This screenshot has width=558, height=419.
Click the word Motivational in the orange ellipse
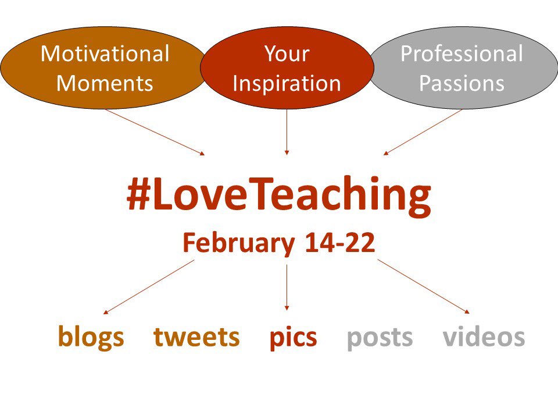coord(105,54)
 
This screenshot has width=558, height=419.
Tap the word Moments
coord(105,83)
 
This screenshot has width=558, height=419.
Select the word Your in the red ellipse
coord(287,54)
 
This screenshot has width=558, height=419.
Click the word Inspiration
coord(287,83)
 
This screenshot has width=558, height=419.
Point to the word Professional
coord(462,54)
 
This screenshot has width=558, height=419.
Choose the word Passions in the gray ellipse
coord(462,83)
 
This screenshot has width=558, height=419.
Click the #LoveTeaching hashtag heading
coord(279,197)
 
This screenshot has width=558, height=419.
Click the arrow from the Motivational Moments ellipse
coord(155,132)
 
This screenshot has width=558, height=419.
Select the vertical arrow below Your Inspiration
coord(287,132)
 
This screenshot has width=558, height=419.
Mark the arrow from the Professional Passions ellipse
coord(423,132)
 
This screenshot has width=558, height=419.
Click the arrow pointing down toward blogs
coord(149,287)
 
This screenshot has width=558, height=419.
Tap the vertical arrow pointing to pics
coord(287,287)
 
